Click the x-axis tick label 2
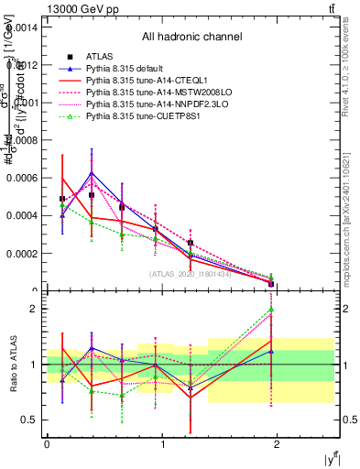[x=278, y=444]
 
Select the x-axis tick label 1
[x=163, y=444]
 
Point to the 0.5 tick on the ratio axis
[x=31, y=420]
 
